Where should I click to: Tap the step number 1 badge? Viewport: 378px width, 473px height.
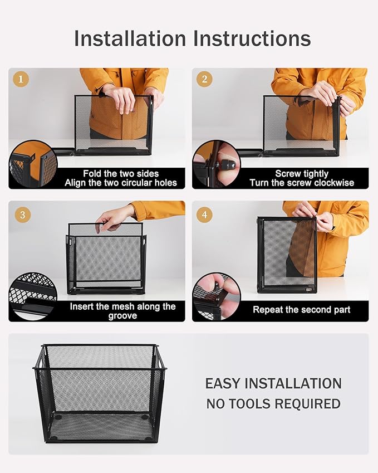click(x=21, y=80)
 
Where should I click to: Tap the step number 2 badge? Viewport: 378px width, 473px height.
click(x=204, y=80)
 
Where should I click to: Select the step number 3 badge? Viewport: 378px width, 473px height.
click(x=21, y=214)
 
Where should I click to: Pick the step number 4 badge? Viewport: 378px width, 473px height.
click(x=204, y=214)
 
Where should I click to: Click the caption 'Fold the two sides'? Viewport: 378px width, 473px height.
click(x=121, y=174)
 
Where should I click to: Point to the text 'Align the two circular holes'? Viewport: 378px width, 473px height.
click(x=121, y=183)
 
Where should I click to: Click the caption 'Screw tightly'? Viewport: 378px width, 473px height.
click(x=302, y=174)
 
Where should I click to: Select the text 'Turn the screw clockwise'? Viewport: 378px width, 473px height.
click(x=302, y=183)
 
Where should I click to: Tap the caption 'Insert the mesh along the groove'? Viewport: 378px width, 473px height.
click(x=122, y=311)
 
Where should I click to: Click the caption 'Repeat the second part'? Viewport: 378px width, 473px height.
click(x=302, y=310)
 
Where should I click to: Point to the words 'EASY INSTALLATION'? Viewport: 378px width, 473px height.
click(x=273, y=384)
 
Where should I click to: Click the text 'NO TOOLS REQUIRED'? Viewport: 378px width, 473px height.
click(x=273, y=404)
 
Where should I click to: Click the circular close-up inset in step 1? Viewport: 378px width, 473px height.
click(x=32, y=163)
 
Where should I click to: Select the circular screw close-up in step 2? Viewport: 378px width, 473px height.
click(x=217, y=163)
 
